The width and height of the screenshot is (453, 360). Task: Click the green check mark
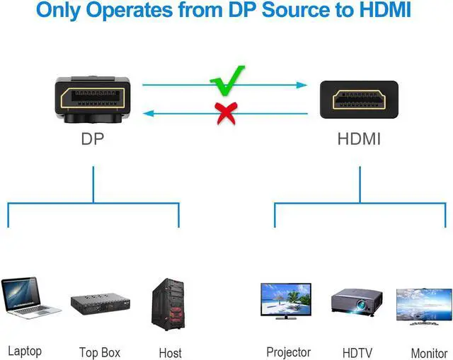tap(227, 81)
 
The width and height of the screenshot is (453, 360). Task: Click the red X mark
tap(226, 112)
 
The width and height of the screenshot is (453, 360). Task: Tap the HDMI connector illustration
tap(359, 100)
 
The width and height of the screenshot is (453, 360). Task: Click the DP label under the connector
tap(93, 139)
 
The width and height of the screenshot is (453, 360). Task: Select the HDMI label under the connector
tap(359, 139)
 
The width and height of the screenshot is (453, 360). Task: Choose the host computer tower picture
tap(168, 305)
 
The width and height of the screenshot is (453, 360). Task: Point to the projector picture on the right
tap(357, 303)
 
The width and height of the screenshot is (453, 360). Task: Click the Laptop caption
tap(25, 351)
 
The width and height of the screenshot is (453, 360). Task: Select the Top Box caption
tap(100, 352)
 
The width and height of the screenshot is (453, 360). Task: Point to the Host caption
tap(170, 352)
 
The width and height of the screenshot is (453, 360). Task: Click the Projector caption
tap(288, 352)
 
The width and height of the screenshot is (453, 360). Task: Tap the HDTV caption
tap(357, 352)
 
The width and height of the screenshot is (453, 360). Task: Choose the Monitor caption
tap(429, 352)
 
